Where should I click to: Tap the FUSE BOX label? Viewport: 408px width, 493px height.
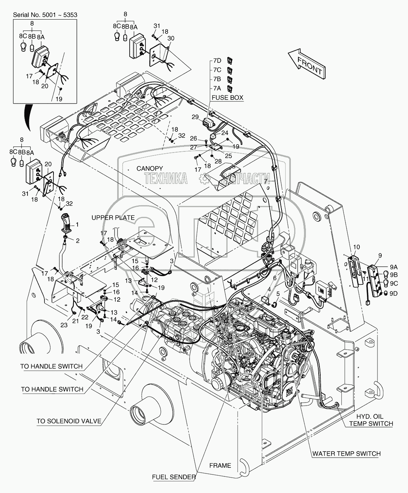pos(228,98)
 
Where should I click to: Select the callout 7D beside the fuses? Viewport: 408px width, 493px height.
pos(217,60)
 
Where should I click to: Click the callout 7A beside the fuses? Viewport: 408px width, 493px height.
pos(217,88)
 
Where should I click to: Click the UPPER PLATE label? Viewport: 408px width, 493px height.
pos(113,218)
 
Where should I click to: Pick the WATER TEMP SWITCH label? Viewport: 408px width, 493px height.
pos(346,453)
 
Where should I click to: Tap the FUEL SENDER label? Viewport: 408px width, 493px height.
pos(174,477)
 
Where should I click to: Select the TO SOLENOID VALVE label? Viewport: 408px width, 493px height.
pos(69,421)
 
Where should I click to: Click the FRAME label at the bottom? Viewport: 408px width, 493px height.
pos(220,465)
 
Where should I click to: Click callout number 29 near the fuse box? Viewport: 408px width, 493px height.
pos(194,118)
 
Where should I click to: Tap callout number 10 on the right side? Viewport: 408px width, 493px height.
pos(356,247)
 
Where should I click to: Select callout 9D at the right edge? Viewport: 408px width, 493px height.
pos(394,292)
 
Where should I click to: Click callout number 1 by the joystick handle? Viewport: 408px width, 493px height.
pos(77,224)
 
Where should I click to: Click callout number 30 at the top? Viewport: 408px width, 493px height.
pos(171,39)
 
